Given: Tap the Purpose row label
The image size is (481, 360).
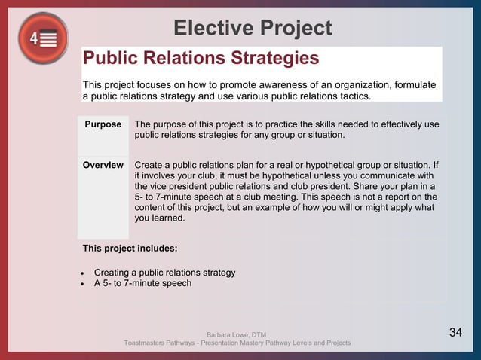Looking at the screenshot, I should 103,124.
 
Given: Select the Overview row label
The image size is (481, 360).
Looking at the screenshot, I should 103,166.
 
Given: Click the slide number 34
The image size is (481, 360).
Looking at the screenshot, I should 455,332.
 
